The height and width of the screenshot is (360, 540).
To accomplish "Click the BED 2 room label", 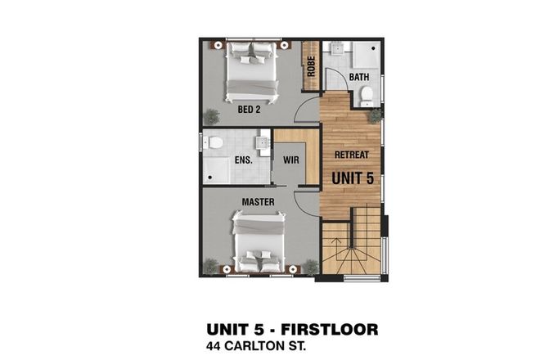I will click(250, 108).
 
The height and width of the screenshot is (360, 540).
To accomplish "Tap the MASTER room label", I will click(257, 200).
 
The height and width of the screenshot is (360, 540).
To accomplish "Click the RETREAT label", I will click(352, 154).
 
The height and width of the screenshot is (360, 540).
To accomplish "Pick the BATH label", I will click(359, 78).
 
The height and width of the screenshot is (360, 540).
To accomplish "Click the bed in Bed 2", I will click(252, 69).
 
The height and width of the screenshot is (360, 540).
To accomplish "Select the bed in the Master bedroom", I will click(259, 241).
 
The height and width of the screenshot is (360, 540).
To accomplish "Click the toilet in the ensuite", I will click(215, 143).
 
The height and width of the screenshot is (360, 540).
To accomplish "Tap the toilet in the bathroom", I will click(367, 95).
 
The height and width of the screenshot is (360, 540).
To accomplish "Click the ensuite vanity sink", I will click(263, 143).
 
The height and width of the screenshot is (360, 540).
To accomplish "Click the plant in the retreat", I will click(375, 115).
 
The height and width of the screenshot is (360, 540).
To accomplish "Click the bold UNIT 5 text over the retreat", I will click(352, 176).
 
